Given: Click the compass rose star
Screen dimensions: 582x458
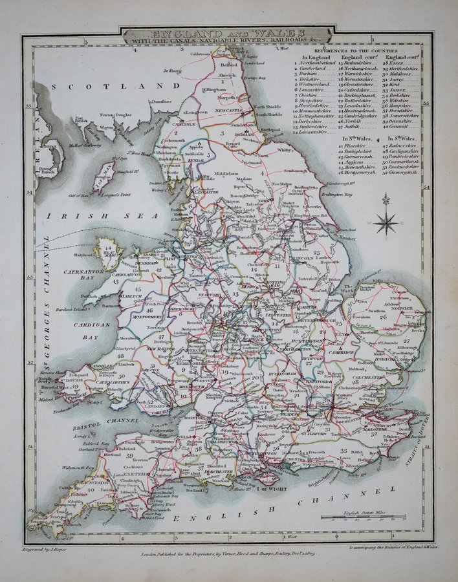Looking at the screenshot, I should coord(387,224).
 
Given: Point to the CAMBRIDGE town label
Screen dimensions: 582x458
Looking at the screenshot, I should coord(344,352).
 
